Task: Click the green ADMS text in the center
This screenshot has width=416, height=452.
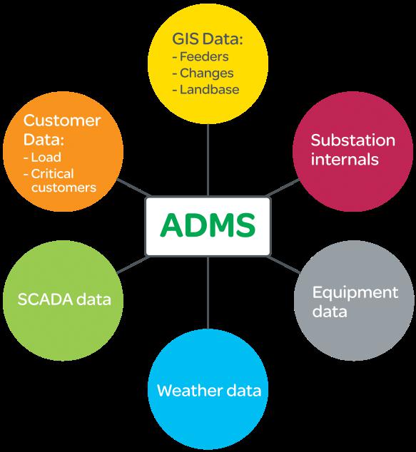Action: point(208,225)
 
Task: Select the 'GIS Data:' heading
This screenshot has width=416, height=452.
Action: point(208,38)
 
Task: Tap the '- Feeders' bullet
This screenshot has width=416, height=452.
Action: point(201,56)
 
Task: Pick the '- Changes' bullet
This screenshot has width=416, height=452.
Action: point(203,73)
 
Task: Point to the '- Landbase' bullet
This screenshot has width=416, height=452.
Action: point(206,90)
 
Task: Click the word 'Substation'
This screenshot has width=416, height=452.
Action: point(352,140)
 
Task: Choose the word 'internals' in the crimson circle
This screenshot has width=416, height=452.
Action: point(345,160)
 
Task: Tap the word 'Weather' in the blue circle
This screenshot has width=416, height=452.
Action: point(190,391)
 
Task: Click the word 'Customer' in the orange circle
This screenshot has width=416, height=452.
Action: point(62,120)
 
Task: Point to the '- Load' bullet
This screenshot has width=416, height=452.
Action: point(42,158)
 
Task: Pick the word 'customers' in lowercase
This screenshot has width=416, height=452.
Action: point(64,188)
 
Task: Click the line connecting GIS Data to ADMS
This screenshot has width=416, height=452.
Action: point(208,160)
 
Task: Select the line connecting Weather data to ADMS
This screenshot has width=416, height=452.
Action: point(208,292)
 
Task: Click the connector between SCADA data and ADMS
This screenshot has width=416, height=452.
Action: point(133,264)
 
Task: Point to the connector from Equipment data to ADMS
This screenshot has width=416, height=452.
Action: point(283,264)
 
